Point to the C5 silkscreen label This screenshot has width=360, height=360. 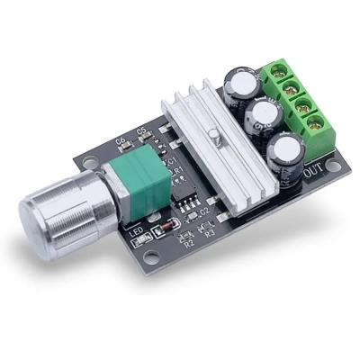[x=141, y=132]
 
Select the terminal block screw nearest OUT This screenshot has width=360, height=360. [x=315, y=122]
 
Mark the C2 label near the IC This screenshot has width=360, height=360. [x=204, y=211]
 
